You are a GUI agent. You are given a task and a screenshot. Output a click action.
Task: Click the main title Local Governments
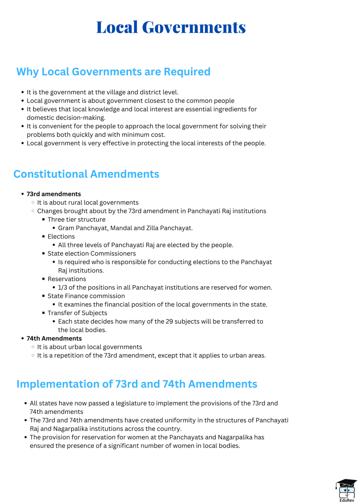coord(171,27)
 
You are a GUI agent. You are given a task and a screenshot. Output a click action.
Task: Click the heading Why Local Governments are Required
coord(113,72)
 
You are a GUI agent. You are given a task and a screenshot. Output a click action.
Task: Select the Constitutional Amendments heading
coord(86,174)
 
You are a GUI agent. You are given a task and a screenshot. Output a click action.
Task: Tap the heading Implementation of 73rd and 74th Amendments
coord(137,384)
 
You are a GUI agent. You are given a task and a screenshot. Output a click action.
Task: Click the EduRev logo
coord(346,490)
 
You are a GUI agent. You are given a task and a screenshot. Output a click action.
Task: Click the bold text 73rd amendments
coord(54,194)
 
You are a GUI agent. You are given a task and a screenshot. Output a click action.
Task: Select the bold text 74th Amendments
coord(54,338)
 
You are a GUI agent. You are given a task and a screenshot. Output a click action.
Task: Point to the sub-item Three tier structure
coord(76,220)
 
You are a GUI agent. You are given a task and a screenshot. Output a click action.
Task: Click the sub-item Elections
coord(61,237)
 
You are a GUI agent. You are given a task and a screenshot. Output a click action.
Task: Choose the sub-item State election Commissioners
coord(91,253)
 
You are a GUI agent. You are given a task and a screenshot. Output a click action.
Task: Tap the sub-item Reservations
coord(67,279)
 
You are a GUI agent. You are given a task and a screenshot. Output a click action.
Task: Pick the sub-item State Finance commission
coord(86,296)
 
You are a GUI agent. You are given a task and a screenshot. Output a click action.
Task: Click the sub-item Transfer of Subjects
coord(77,313)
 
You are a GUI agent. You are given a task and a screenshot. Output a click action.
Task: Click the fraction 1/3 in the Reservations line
coord(62,287)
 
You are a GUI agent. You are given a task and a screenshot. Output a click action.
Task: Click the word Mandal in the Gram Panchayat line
coord(121,228)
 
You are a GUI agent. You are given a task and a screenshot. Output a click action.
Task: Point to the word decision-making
coord(83,118)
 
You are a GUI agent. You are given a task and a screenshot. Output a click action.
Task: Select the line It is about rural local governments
coord(88,202)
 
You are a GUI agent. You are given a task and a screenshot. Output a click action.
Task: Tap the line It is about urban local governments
coord(90,347)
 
